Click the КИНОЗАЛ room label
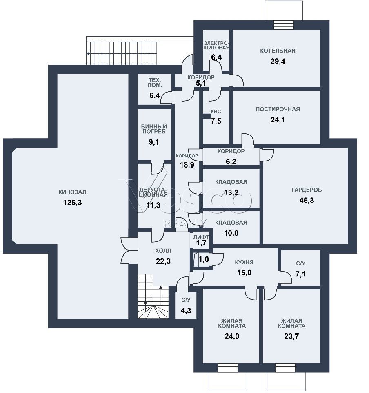click(72, 192)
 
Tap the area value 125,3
click(72, 203)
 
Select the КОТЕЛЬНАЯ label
click(278, 51)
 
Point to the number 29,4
click(278, 62)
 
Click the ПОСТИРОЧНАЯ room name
click(278, 109)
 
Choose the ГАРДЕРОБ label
click(307, 190)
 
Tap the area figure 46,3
click(307, 201)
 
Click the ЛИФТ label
click(201, 237)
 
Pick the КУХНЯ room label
click(244, 262)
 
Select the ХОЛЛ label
click(163, 251)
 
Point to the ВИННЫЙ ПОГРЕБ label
click(153, 129)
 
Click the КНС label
click(216, 112)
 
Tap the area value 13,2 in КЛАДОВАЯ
click(231, 192)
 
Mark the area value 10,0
click(231, 233)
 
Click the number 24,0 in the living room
click(232, 336)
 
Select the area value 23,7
click(291, 336)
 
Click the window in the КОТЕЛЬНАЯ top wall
click(283, 25)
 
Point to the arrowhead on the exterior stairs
click(88, 53)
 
